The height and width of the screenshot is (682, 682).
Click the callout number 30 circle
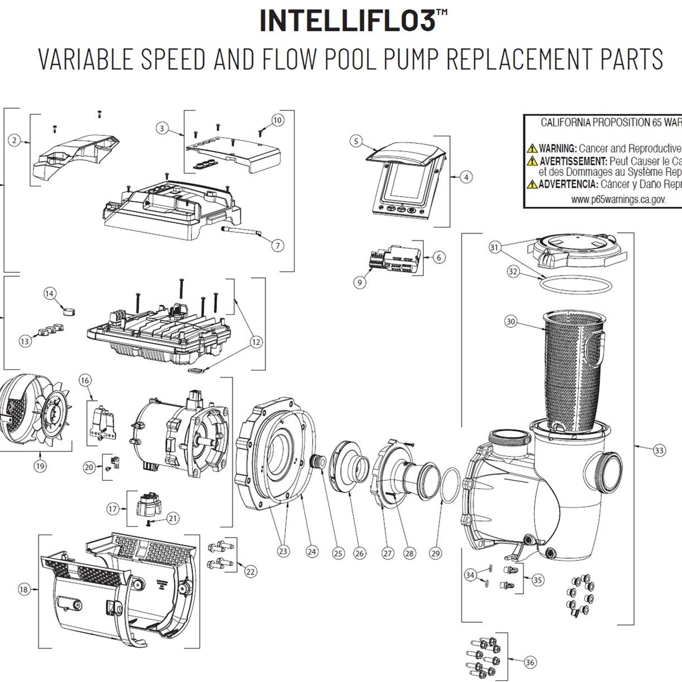point(510,322)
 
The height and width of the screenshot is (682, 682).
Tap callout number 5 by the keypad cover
point(356,141)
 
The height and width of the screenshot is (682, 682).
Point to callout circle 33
point(659,451)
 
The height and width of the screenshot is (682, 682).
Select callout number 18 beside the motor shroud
point(23,590)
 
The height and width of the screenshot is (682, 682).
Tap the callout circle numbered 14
point(50,293)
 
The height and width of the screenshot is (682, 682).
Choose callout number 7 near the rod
point(277,246)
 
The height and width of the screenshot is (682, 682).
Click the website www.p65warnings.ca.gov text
point(618,199)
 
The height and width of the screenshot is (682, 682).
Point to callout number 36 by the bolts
point(530,662)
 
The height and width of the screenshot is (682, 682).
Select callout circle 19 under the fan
point(40,466)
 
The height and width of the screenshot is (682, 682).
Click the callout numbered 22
point(250,572)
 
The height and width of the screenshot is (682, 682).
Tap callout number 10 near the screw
point(277,120)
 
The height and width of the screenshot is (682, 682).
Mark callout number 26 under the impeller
point(359,553)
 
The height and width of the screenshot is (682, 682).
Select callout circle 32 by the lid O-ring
point(513,272)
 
